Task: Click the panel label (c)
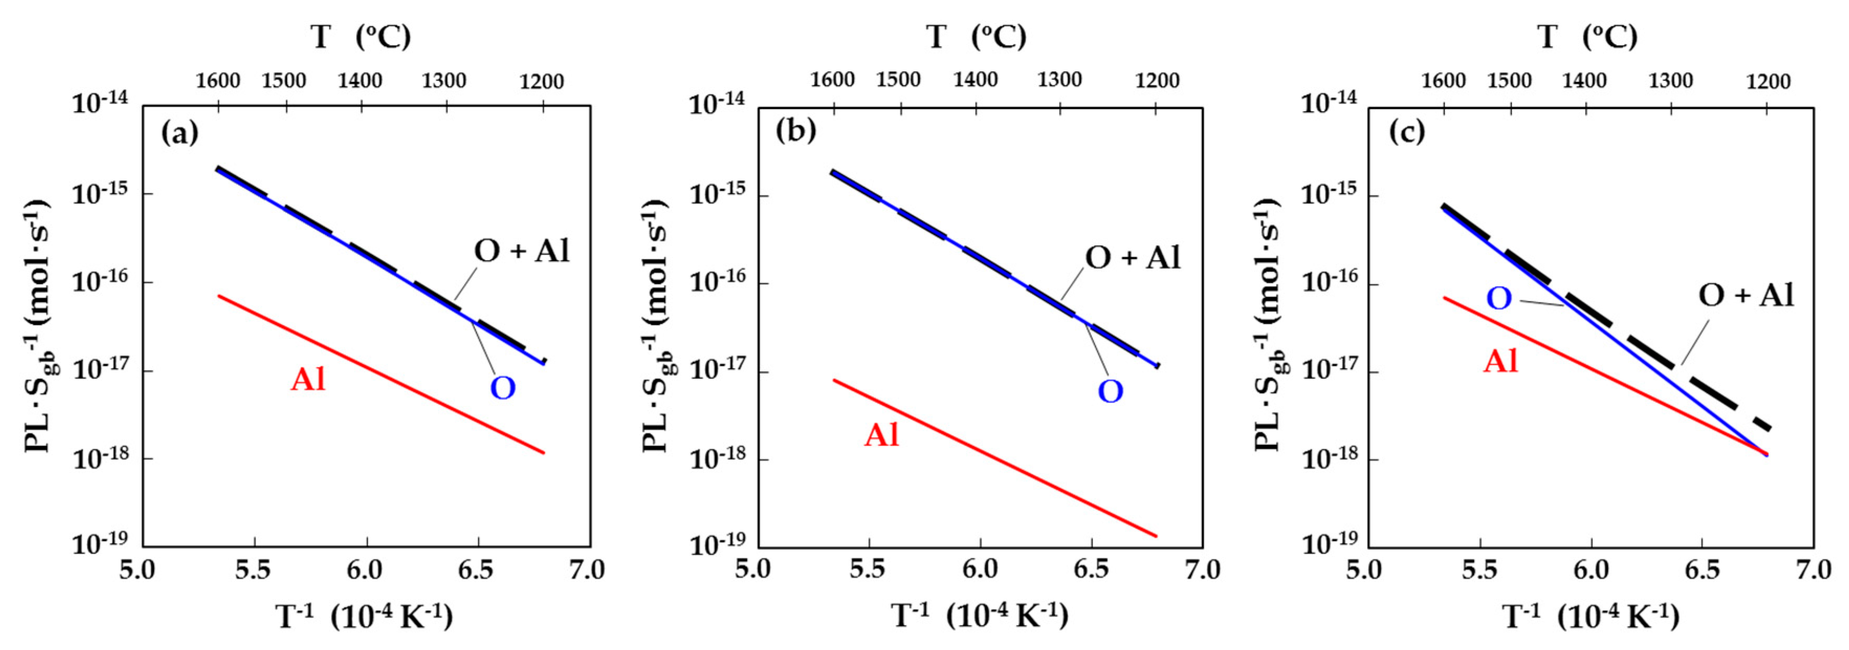[1407, 132]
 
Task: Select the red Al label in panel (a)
[308, 379]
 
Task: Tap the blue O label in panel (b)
[1110, 392]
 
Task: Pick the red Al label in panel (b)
[882, 435]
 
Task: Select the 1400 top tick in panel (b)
[975, 80]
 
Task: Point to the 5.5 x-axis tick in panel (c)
[1479, 570]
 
